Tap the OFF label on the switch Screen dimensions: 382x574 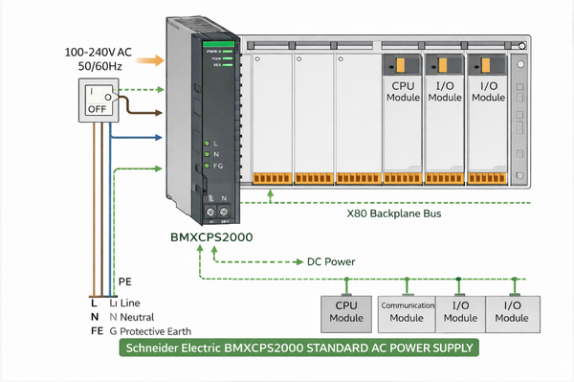tap(97, 108)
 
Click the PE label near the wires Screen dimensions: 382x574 tap(124, 281)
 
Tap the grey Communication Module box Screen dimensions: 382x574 tap(406, 311)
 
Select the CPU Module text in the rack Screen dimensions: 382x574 tap(400, 91)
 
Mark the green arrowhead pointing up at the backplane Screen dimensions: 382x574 tap(272, 193)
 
